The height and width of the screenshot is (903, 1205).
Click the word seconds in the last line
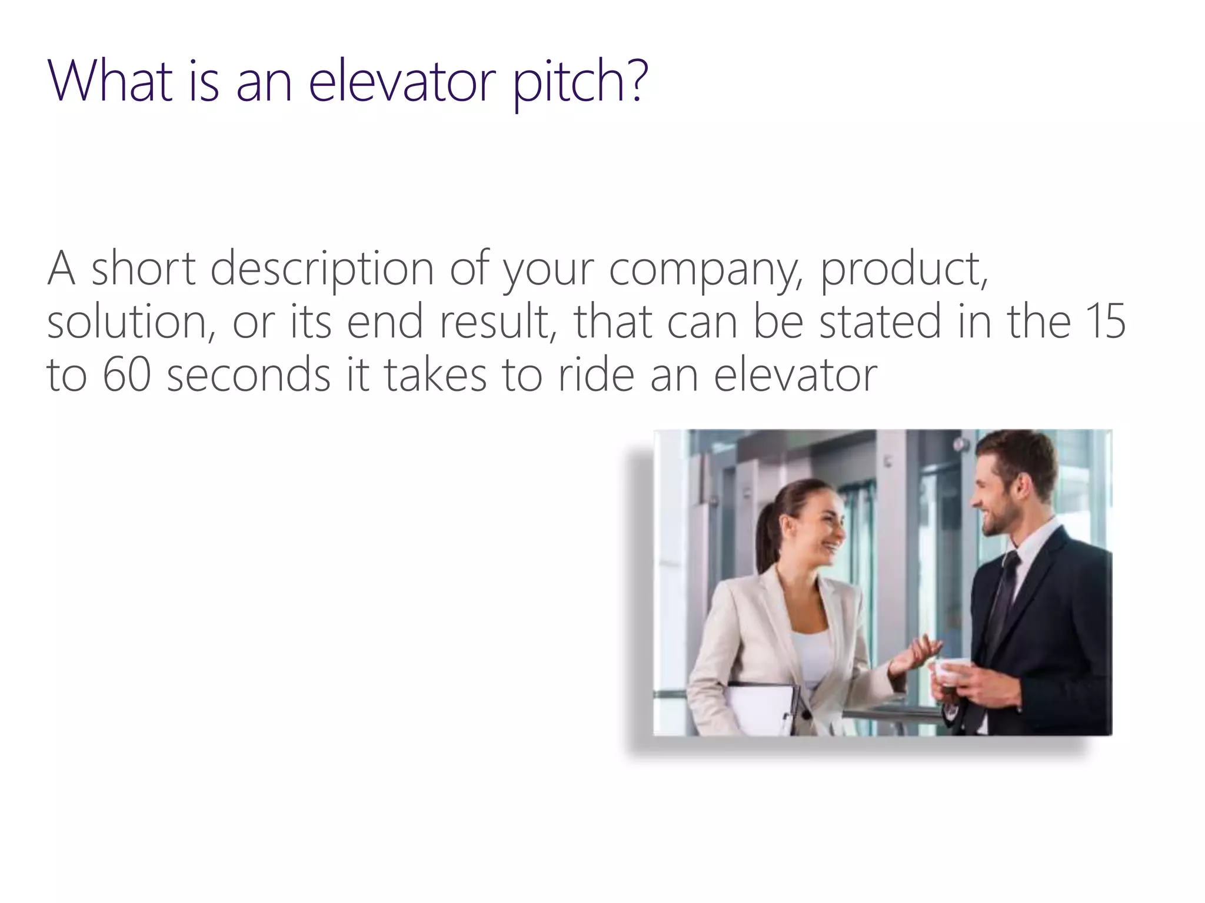pos(249,374)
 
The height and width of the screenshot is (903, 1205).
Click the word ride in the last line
pos(595,374)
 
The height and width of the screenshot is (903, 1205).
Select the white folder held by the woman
pos(759,708)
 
